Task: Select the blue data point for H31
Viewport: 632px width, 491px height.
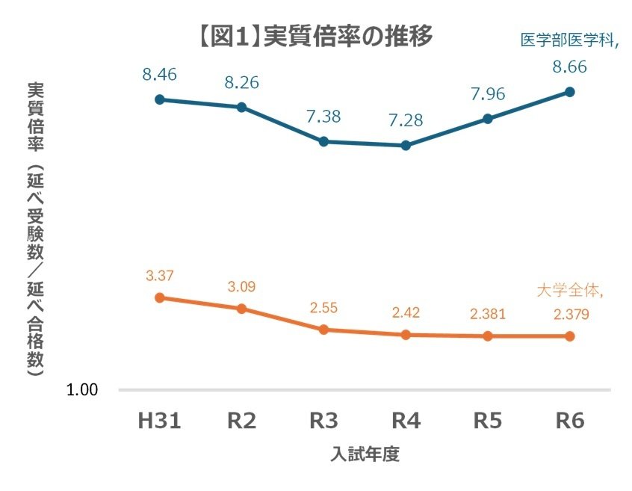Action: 159,99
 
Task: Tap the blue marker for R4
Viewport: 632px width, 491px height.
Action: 406,146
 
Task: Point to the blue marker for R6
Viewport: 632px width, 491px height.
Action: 570,92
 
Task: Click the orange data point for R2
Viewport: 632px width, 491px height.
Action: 241,309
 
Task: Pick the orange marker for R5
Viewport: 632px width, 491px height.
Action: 488,336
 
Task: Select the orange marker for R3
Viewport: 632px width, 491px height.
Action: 323,330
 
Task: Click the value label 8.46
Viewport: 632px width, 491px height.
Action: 159,74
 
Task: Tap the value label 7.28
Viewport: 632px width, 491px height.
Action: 406,120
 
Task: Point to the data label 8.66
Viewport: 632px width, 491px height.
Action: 570,67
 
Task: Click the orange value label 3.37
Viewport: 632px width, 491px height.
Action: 159,276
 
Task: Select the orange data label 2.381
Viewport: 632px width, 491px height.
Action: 488,315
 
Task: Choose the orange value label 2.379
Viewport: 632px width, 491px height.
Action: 570,315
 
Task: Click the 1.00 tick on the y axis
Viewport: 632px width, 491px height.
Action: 87,390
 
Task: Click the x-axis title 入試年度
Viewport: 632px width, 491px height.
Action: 365,455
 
